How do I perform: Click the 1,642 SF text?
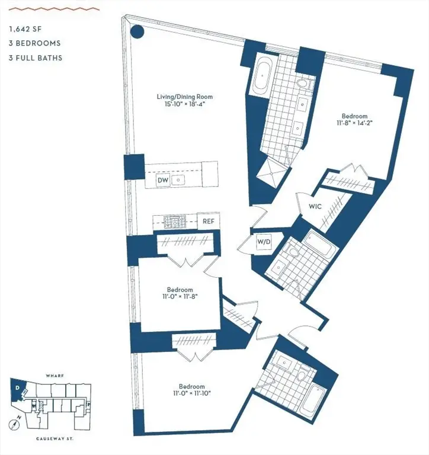click(25, 28)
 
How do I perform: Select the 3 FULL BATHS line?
click(36, 58)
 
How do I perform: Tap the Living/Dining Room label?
click(184, 97)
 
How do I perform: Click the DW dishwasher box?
click(163, 180)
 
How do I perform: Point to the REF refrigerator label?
click(208, 222)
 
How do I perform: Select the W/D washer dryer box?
click(262, 242)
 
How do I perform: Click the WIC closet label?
click(314, 207)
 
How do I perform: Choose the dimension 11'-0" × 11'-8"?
click(180, 297)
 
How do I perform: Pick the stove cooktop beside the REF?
click(175, 222)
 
